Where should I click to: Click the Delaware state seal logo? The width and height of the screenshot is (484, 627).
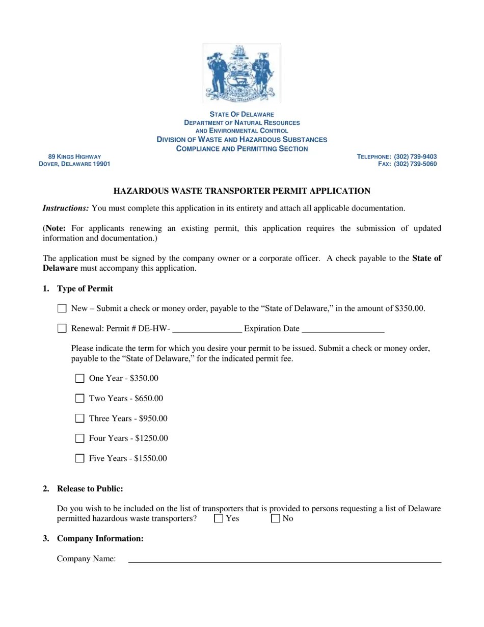[242, 72]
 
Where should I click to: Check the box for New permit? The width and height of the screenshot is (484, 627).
[62, 308]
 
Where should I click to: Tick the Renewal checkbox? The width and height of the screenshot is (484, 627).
[62, 328]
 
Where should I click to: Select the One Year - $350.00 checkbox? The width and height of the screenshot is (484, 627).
[79, 378]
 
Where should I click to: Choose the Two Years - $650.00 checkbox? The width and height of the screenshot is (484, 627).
[79, 398]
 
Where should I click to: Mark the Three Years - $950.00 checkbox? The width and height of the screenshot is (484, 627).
[79, 419]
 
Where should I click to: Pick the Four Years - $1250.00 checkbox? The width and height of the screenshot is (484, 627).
[79, 438]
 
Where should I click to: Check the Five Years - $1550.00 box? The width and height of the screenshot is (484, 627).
[79, 458]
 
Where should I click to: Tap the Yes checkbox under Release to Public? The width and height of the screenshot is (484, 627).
[219, 519]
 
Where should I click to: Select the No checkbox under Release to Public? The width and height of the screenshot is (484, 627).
[275, 519]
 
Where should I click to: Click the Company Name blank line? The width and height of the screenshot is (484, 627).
[284, 559]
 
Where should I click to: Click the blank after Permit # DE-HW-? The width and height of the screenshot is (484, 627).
[207, 329]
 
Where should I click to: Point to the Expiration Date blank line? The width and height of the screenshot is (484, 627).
[342, 329]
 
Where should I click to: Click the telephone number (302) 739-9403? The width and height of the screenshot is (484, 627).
[415, 156]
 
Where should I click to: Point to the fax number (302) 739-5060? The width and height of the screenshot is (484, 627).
[415, 164]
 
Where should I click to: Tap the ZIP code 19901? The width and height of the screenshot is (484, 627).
[101, 164]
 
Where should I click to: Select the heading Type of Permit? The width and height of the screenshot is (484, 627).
[85, 289]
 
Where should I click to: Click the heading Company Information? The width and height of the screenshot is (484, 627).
[100, 538]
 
